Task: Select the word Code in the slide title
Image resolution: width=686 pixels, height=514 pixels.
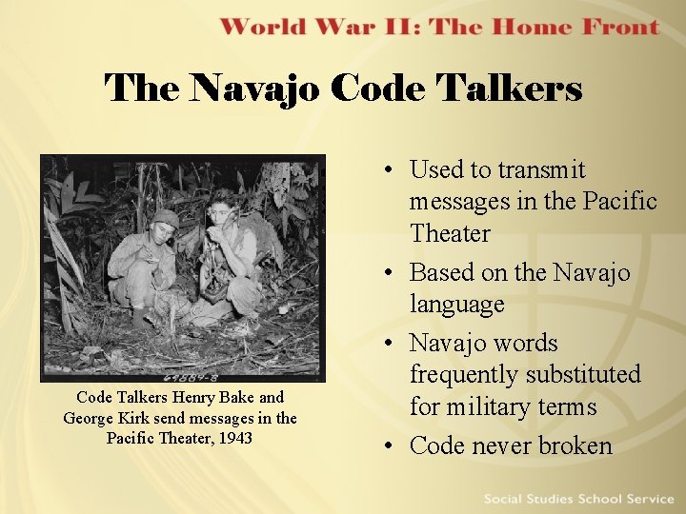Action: (379, 89)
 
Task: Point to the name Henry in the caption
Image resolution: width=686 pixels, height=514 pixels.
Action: (191, 397)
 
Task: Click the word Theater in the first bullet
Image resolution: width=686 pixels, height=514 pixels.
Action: (450, 233)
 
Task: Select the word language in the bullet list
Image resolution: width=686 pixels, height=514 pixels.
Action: (456, 305)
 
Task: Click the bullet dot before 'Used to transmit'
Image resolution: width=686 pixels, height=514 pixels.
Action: (392, 170)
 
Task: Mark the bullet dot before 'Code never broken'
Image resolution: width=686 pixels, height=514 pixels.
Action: (392, 446)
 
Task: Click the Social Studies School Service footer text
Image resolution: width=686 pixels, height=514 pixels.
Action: (578, 499)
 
